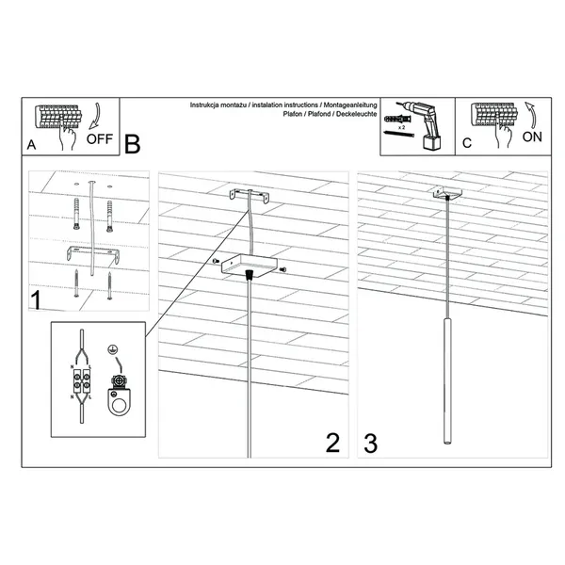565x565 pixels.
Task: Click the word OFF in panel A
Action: coord(99,138)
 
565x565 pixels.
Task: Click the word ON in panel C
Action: coord(532,136)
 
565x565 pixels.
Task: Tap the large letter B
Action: coord(132,144)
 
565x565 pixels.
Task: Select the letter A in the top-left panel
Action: coord(33,146)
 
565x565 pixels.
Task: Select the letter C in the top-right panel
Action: coord(467,145)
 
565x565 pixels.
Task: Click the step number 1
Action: coord(36,301)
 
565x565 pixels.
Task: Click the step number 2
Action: coord(331,443)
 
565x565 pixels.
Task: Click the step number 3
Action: coord(370,443)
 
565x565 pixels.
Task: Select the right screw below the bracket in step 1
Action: coord(111,282)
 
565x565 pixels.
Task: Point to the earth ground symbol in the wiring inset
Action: coord(114,349)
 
